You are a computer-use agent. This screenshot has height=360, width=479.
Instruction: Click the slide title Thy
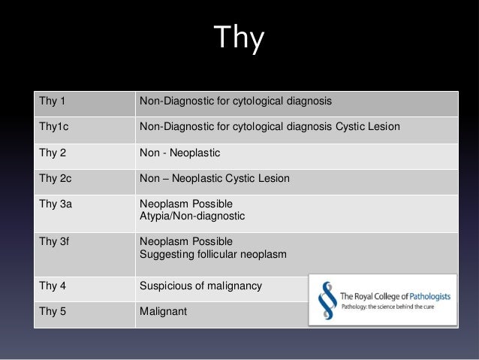[x=239, y=39]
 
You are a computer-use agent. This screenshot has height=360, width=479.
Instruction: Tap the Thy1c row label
[x=53, y=126]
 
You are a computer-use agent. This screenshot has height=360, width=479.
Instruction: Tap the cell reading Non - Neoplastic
[x=179, y=153]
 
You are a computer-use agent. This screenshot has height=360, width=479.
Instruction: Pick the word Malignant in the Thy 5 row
[x=162, y=310]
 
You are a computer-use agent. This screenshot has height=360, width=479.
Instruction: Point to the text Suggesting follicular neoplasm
[x=212, y=254]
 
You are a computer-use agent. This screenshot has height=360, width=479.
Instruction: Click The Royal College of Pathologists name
[x=396, y=295]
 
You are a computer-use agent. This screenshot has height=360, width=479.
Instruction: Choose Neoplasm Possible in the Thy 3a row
[x=185, y=204]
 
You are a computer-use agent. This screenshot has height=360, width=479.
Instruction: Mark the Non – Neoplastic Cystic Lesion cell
[x=214, y=179]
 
